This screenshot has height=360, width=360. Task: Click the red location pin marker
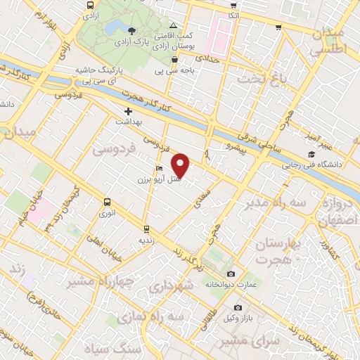coord(181,165)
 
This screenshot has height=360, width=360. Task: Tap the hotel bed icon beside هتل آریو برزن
coord(160,169)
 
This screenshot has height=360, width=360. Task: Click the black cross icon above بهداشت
coord(128,111)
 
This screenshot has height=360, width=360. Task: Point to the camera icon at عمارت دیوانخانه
coord(231,274)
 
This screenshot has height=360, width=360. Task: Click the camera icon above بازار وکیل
coord(238,308)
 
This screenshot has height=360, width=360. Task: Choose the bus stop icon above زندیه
coord(146,229)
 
